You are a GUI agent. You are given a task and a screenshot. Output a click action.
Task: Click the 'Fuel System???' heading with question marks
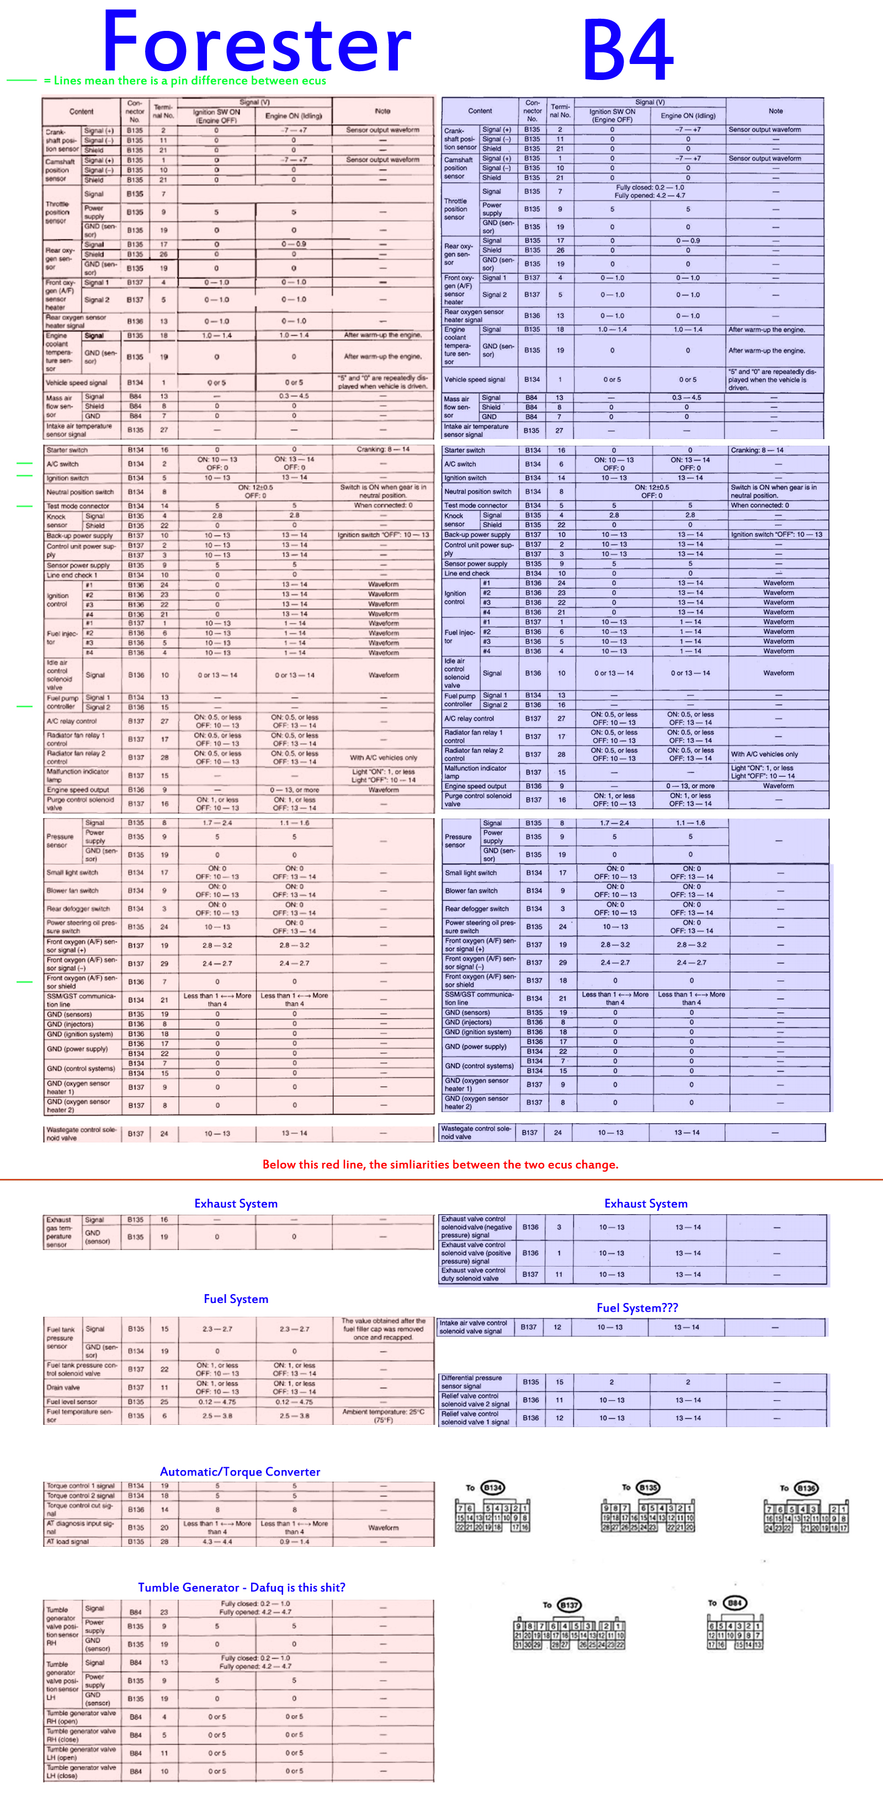click(637, 1307)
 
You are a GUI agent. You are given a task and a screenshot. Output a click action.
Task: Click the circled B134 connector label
click(493, 1487)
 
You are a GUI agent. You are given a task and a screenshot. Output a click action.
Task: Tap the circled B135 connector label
click(648, 1487)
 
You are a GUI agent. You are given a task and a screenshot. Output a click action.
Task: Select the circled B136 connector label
click(806, 1488)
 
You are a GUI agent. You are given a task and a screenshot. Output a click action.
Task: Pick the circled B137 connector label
click(570, 1605)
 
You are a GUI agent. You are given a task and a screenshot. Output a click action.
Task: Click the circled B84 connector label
click(735, 1603)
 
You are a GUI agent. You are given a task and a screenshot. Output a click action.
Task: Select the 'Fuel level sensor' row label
click(72, 1401)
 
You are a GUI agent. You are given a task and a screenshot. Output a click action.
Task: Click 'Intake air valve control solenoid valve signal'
click(474, 1326)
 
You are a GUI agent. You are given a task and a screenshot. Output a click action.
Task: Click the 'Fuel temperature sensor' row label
click(78, 1415)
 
